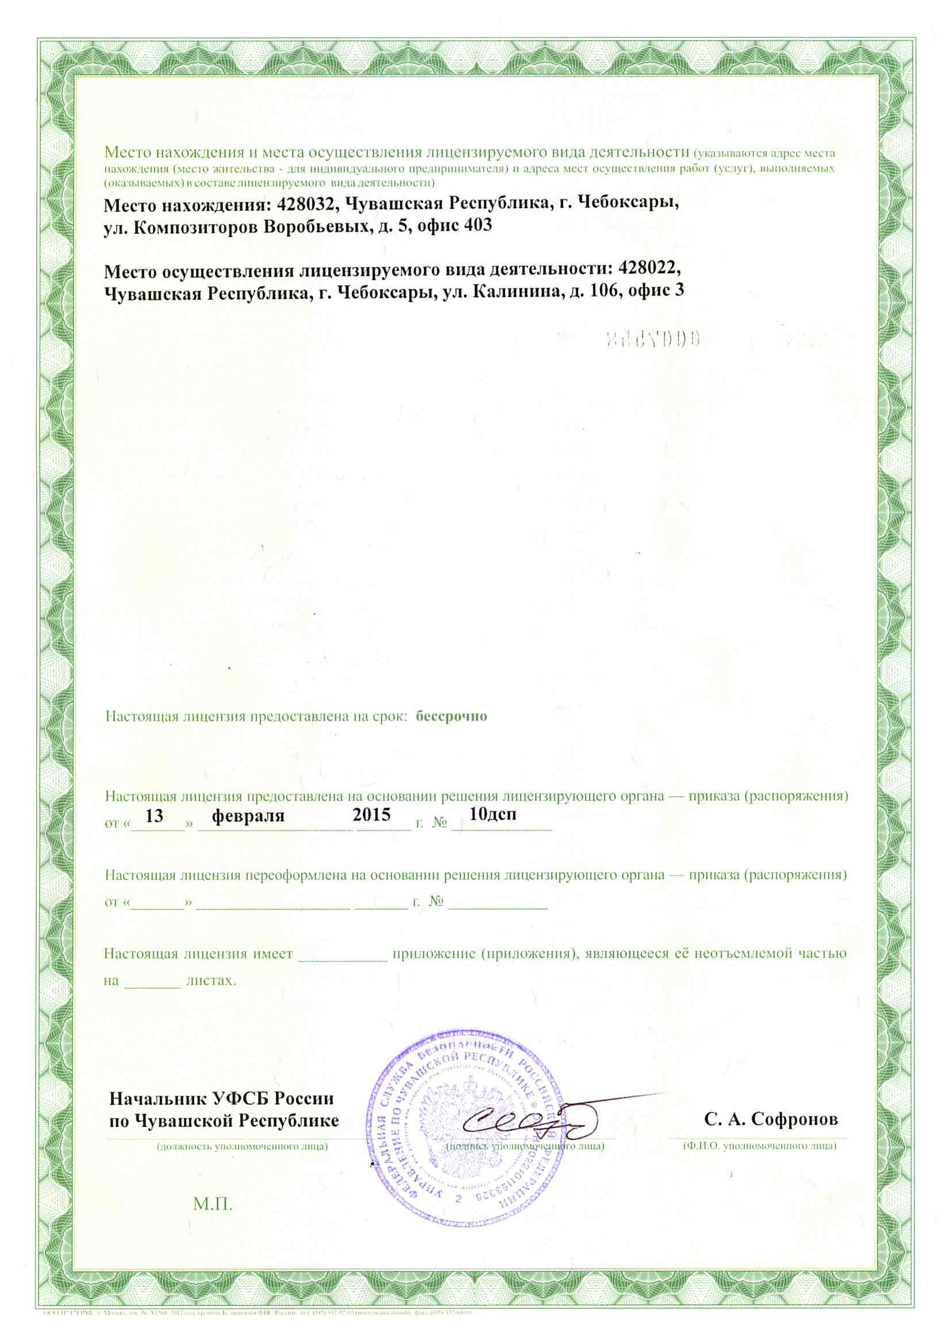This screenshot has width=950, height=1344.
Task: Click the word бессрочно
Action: click(451, 716)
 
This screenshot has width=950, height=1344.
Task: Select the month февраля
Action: click(248, 816)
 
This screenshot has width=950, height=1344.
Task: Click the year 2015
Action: click(372, 815)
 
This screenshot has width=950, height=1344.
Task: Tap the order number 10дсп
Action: click(493, 815)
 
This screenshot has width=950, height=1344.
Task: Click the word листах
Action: click(211, 981)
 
